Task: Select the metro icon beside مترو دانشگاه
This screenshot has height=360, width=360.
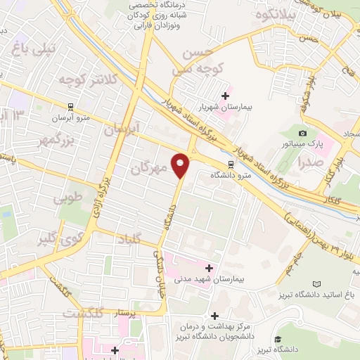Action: click(x=230, y=165)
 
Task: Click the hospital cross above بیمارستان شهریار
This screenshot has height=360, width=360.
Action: click(x=226, y=96)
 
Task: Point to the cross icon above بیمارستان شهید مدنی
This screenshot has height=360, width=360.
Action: click(x=209, y=267)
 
